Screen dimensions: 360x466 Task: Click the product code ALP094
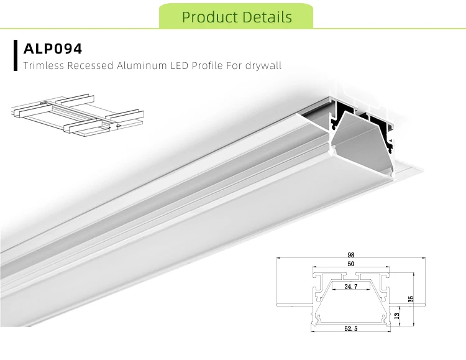click(x=52, y=48)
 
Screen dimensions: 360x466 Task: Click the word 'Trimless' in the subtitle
click(x=43, y=65)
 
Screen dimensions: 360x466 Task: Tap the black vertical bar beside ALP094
click(x=15, y=55)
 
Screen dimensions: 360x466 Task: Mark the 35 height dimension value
click(x=411, y=299)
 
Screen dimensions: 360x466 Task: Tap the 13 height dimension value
click(x=397, y=316)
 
